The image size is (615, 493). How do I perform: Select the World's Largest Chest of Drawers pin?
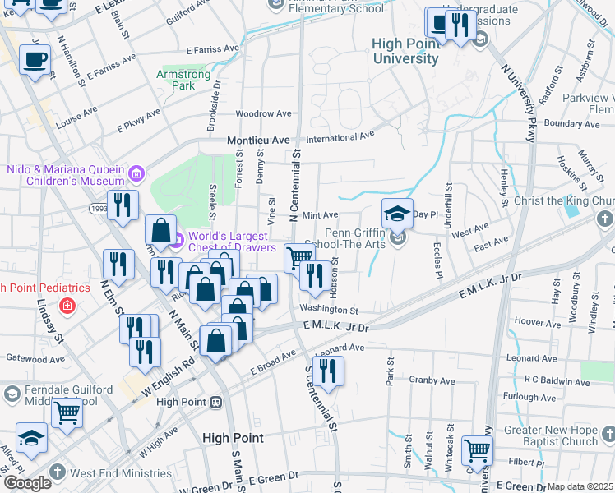point(177,241)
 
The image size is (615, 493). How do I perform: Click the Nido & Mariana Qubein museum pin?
point(136,173)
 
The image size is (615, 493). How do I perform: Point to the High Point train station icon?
point(216,402)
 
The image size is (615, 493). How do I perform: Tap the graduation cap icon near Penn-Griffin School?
point(398,214)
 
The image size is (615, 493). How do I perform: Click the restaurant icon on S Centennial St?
point(328,371)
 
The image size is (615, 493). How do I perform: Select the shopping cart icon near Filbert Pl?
point(477,449)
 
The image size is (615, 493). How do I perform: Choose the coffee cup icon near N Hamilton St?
point(35,60)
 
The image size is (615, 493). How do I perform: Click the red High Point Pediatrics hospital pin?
point(66,306)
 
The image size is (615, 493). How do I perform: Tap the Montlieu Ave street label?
point(258,141)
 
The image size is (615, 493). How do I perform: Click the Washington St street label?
point(329,311)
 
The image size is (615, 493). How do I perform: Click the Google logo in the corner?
point(26,483)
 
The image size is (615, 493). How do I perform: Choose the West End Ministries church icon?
point(56,472)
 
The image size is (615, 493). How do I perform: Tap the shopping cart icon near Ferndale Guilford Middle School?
point(67,413)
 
